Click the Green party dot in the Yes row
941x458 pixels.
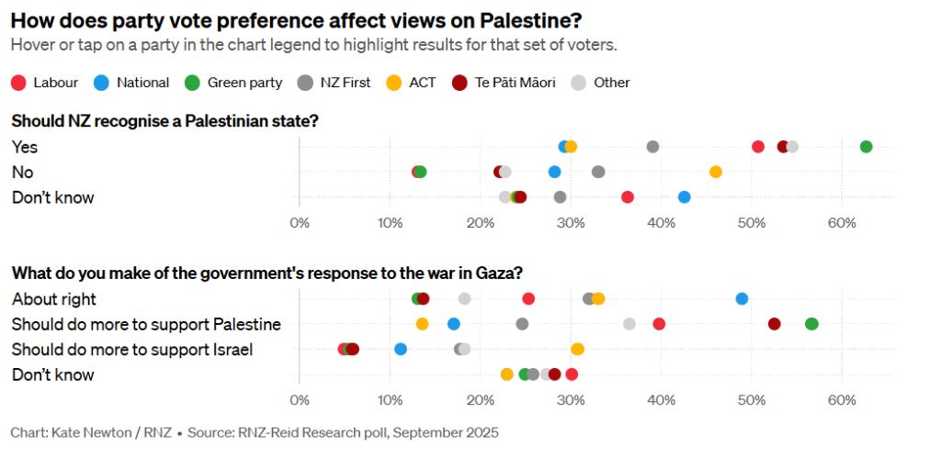click(866, 147)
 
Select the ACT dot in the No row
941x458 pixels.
click(715, 172)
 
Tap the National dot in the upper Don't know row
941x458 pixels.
click(684, 197)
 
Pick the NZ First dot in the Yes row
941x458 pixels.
click(653, 147)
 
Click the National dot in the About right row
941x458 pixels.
click(742, 298)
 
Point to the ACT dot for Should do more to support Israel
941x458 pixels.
click(577, 349)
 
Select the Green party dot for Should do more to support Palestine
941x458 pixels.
click(811, 324)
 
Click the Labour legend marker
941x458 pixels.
click(18, 83)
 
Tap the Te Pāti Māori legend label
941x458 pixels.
click(515, 83)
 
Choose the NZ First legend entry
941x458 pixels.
click(334, 83)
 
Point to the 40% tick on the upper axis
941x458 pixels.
click(661, 224)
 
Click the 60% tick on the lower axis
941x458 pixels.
click(842, 400)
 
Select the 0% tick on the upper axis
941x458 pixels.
click(300, 224)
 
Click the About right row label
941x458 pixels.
click(54, 298)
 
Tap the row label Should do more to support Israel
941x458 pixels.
click(132, 349)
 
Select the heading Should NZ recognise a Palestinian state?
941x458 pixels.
click(165, 121)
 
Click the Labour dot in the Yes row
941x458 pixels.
click(758, 147)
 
